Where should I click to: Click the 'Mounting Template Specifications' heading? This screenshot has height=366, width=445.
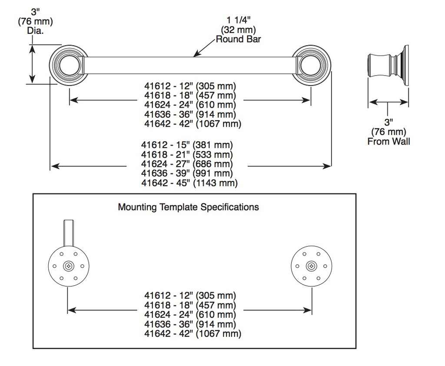click(188, 207)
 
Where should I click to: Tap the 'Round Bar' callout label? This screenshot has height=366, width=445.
click(238, 39)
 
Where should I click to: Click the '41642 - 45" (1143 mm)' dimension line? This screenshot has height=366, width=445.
click(189, 183)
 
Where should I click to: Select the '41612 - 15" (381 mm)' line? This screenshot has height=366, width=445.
click(187, 145)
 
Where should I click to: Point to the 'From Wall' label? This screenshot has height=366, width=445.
click(389, 141)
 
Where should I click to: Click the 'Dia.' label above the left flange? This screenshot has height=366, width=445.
click(36, 30)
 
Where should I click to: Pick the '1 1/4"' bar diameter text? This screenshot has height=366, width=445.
click(239, 20)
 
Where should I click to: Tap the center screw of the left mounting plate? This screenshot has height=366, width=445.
click(68, 266)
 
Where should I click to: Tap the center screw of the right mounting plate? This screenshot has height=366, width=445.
click(311, 266)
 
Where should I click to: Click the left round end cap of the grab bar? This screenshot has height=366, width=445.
click(68, 65)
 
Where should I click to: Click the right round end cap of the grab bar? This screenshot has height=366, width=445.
click(311, 65)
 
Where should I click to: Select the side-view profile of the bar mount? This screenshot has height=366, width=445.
click(388, 65)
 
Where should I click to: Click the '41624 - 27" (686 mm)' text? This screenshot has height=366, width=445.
click(187, 164)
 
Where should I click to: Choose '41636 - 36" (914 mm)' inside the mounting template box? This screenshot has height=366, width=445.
click(190, 324)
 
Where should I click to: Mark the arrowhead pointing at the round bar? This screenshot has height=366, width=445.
click(196, 54)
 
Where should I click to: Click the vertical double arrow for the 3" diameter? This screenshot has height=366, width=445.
click(33, 64)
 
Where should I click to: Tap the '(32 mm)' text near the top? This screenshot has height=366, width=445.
click(239, 30)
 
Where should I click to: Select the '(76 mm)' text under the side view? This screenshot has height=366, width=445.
click(389, 132)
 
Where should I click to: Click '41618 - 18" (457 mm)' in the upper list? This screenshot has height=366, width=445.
click(190, 95)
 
